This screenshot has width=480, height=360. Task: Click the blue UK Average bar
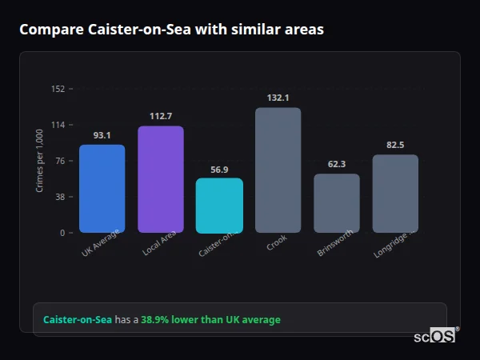(x=102, y=189)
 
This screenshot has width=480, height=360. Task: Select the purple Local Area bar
(x=160, y=179)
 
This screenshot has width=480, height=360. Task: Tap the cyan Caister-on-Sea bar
(x=219, y=206)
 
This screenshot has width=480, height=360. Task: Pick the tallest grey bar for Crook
(x=278, y=170)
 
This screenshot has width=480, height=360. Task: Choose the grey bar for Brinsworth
(x=336, y=203)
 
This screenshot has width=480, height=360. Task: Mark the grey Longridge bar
(x=395, y=194)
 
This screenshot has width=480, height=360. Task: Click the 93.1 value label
(x=102, y=135)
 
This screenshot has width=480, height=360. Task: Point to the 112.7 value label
(x=160, y=116)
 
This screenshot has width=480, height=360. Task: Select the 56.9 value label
(x=219, y=170)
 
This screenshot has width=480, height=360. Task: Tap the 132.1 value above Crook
(x=278, y=98)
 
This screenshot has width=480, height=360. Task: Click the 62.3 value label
(x=336, y=164)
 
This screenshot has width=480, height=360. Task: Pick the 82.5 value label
(x=395, y=145)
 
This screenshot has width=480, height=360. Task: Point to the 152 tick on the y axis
(x=58, y=89)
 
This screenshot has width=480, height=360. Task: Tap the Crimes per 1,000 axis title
(x=40, y=161)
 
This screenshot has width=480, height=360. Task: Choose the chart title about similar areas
(x=171, y=30)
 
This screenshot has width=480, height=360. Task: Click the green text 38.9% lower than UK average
(x=210, y=320)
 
